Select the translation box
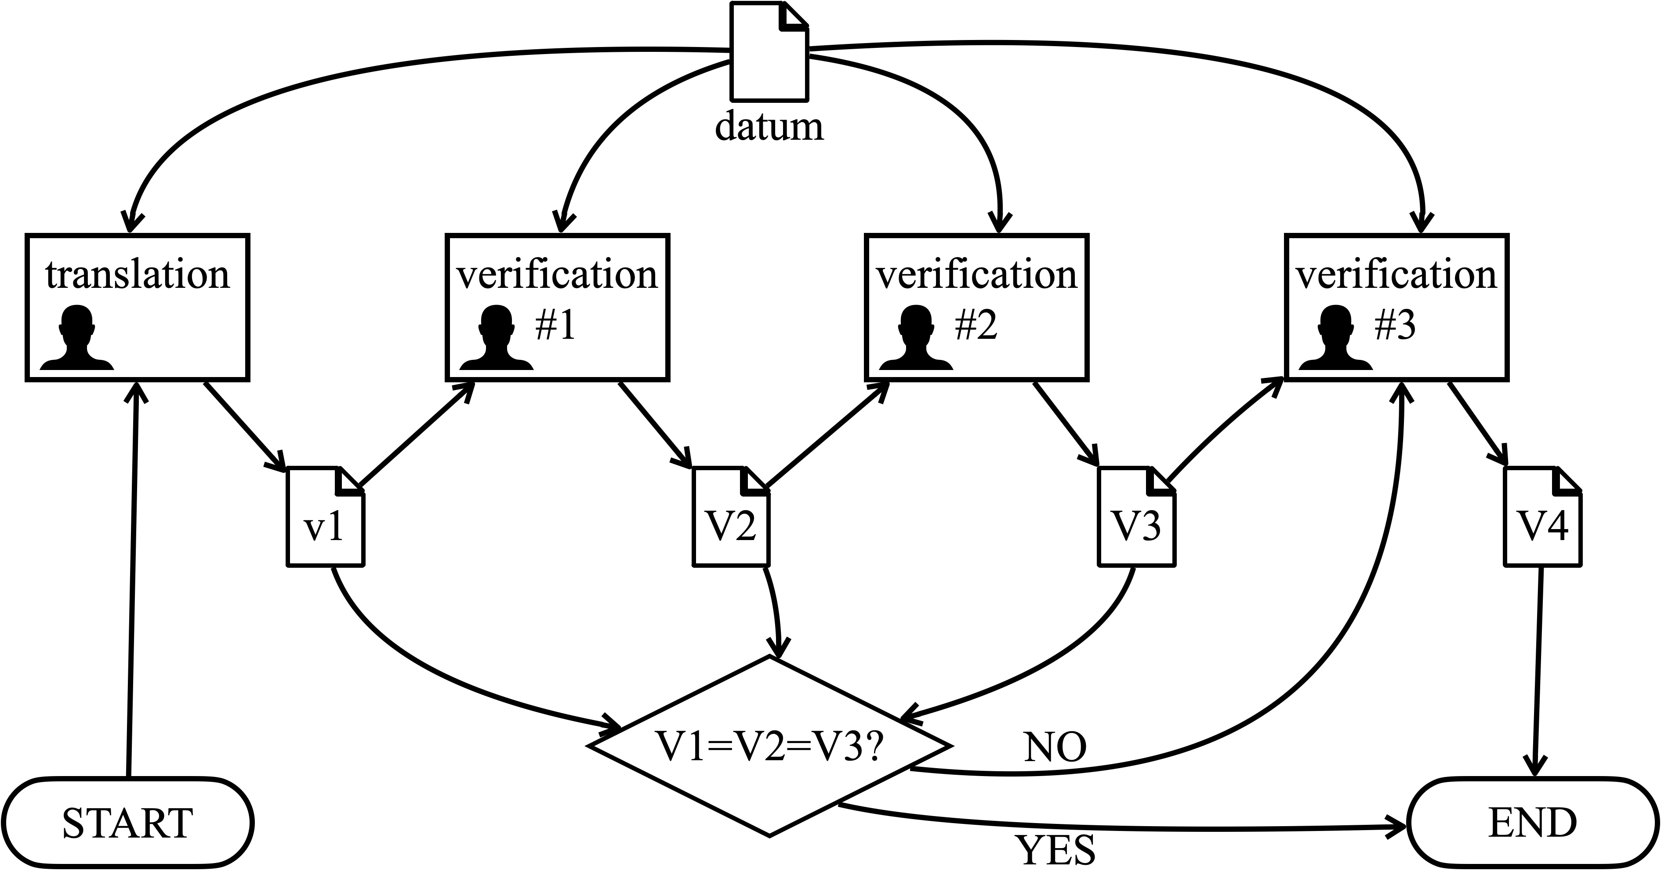138,308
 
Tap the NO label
1055,748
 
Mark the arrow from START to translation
132,580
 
